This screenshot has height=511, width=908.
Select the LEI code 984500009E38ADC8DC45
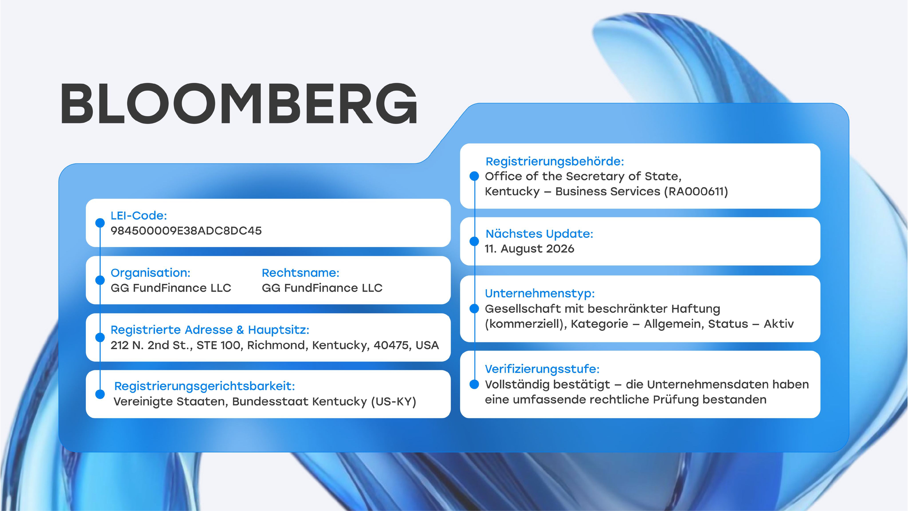(x=186, y=231)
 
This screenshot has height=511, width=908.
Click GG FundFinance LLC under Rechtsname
(x=322, y=288)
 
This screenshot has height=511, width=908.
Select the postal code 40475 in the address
(x=391, y=345)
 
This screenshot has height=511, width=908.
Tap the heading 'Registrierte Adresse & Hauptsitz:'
(x=210, y=330)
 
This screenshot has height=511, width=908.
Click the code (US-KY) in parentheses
(x=394, y=402)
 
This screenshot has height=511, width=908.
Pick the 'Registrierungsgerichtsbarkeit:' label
(x=205, y=386)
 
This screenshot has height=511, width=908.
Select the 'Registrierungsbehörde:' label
(x=555, y=161)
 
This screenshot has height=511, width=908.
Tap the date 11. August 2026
(x=529, y=249)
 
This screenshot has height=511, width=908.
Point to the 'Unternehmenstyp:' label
(x=540, y=293)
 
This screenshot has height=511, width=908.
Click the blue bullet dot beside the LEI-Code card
(x=100, y=223)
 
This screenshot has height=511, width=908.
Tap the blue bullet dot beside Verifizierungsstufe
(x=474, y=384)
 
